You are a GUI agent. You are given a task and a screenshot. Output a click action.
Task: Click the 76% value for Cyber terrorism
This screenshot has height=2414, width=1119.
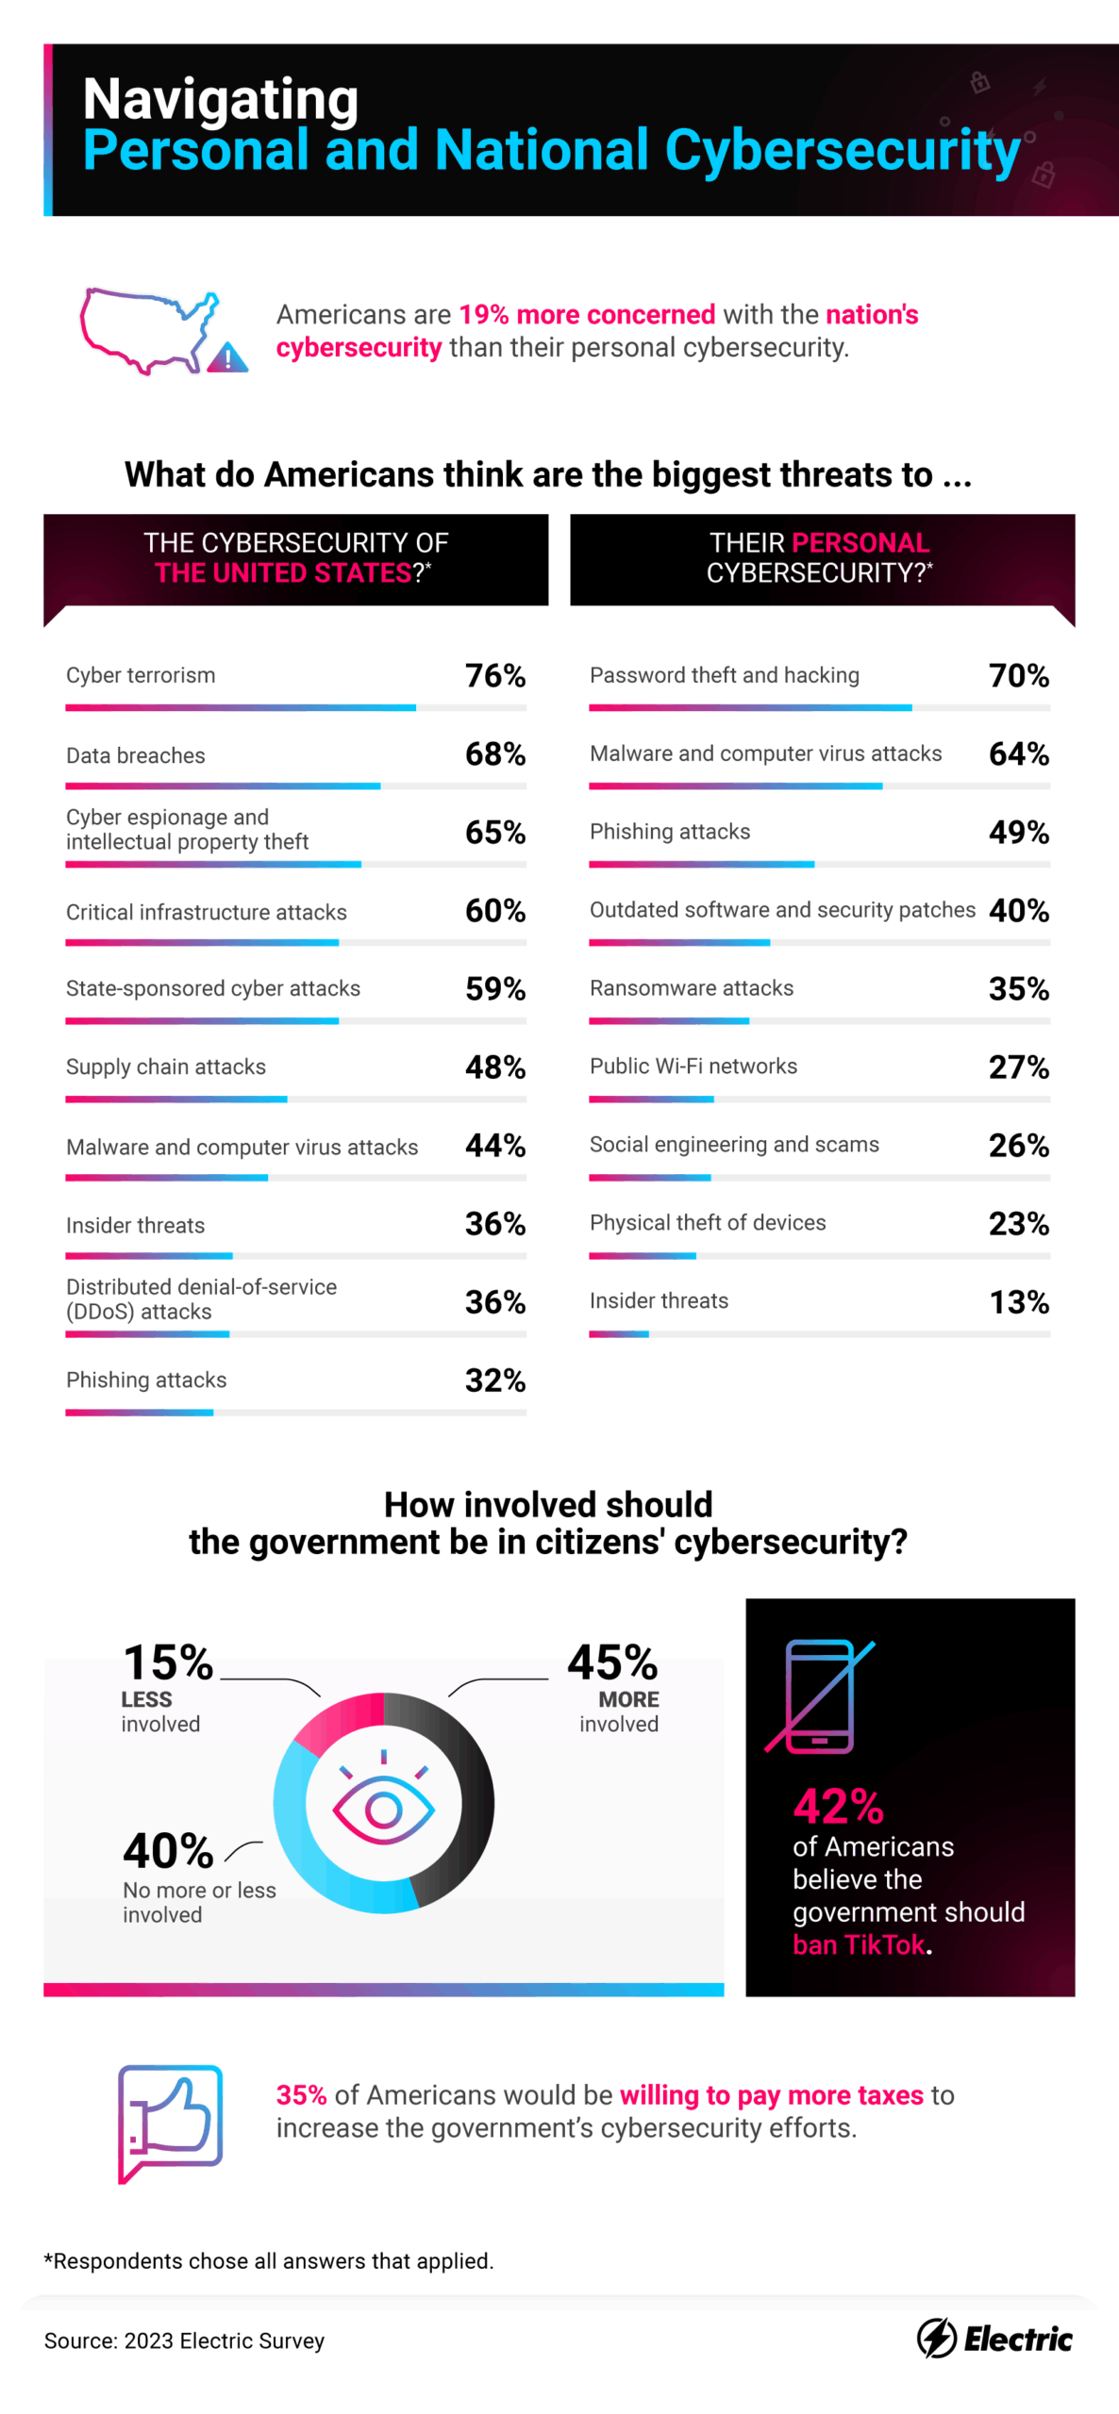494,675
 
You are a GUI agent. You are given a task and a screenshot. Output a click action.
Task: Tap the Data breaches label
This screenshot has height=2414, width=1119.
135,755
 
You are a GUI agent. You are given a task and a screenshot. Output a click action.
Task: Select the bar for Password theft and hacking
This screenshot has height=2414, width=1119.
749,707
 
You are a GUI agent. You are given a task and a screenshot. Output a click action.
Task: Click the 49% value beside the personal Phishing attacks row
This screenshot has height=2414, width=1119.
1018,832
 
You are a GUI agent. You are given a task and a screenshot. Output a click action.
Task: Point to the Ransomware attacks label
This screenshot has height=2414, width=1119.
691,987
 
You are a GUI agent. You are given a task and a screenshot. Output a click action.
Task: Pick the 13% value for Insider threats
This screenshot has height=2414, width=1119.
1018,1302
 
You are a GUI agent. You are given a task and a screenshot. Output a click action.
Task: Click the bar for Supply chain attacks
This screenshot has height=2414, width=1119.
175,1100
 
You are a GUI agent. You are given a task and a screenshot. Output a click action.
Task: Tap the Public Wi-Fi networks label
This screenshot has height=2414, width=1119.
693,1066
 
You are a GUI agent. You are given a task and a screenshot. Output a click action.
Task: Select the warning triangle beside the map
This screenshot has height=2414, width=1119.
227,358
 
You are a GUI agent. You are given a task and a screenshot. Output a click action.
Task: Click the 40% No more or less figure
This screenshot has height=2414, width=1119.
168,1851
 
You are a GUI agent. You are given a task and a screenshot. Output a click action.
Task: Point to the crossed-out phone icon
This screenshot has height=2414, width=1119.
819,1696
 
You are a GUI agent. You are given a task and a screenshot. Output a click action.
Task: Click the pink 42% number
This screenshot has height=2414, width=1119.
838,1807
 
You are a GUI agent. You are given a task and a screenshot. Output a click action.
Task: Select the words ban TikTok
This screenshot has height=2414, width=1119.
859,1944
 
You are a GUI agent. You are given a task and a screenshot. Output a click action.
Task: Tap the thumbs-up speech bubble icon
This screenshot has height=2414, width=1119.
170,2122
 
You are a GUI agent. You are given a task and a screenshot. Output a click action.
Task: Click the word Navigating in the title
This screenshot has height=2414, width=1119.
221,99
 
